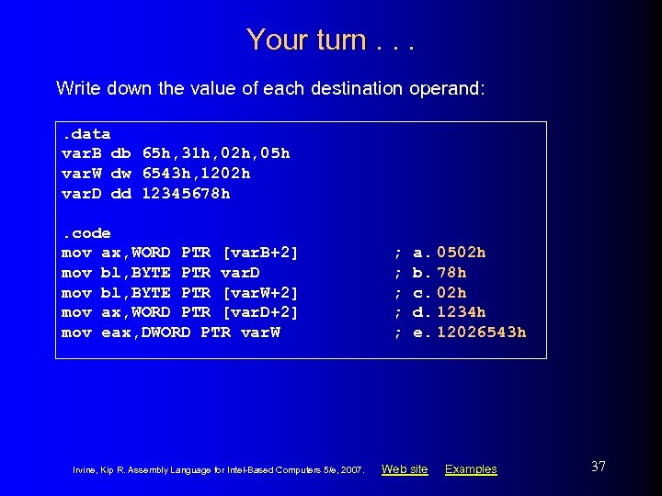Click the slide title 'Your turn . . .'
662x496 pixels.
coord(330,39)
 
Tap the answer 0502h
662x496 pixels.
coord(462,252)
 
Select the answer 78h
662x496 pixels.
coord(451,272)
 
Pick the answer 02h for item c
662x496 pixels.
coord(451,292)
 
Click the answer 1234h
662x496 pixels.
coord(462,312)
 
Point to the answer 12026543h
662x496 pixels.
coord(482,333)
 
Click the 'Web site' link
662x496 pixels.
coord(405,469)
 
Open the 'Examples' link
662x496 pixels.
coord(471,469)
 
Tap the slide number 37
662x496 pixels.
coord(599,467)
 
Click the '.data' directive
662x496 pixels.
coord(86,133)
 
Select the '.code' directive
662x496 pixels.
coord(86,232)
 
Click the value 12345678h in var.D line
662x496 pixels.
coord(186,193)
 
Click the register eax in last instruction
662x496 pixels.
coord(116,333)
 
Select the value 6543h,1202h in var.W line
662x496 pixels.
coord(196,173)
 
